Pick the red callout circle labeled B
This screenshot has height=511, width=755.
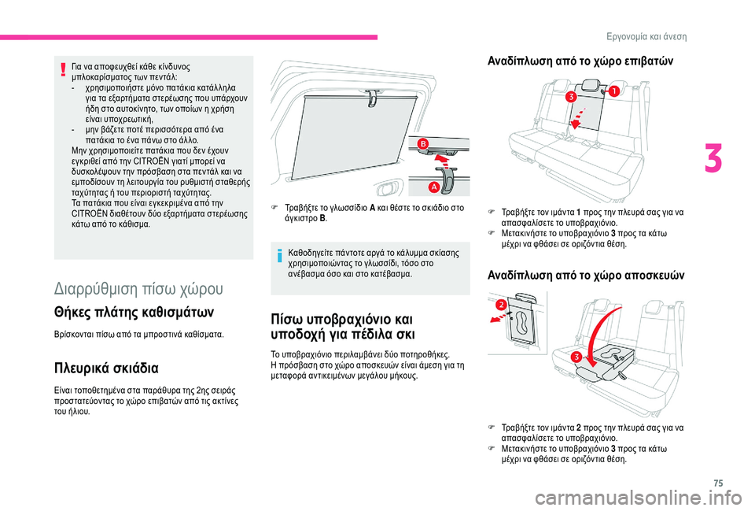422,143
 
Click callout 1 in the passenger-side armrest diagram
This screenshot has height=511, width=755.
612,92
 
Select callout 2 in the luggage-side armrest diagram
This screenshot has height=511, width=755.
499,304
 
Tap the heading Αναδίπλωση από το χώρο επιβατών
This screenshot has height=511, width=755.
574,61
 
